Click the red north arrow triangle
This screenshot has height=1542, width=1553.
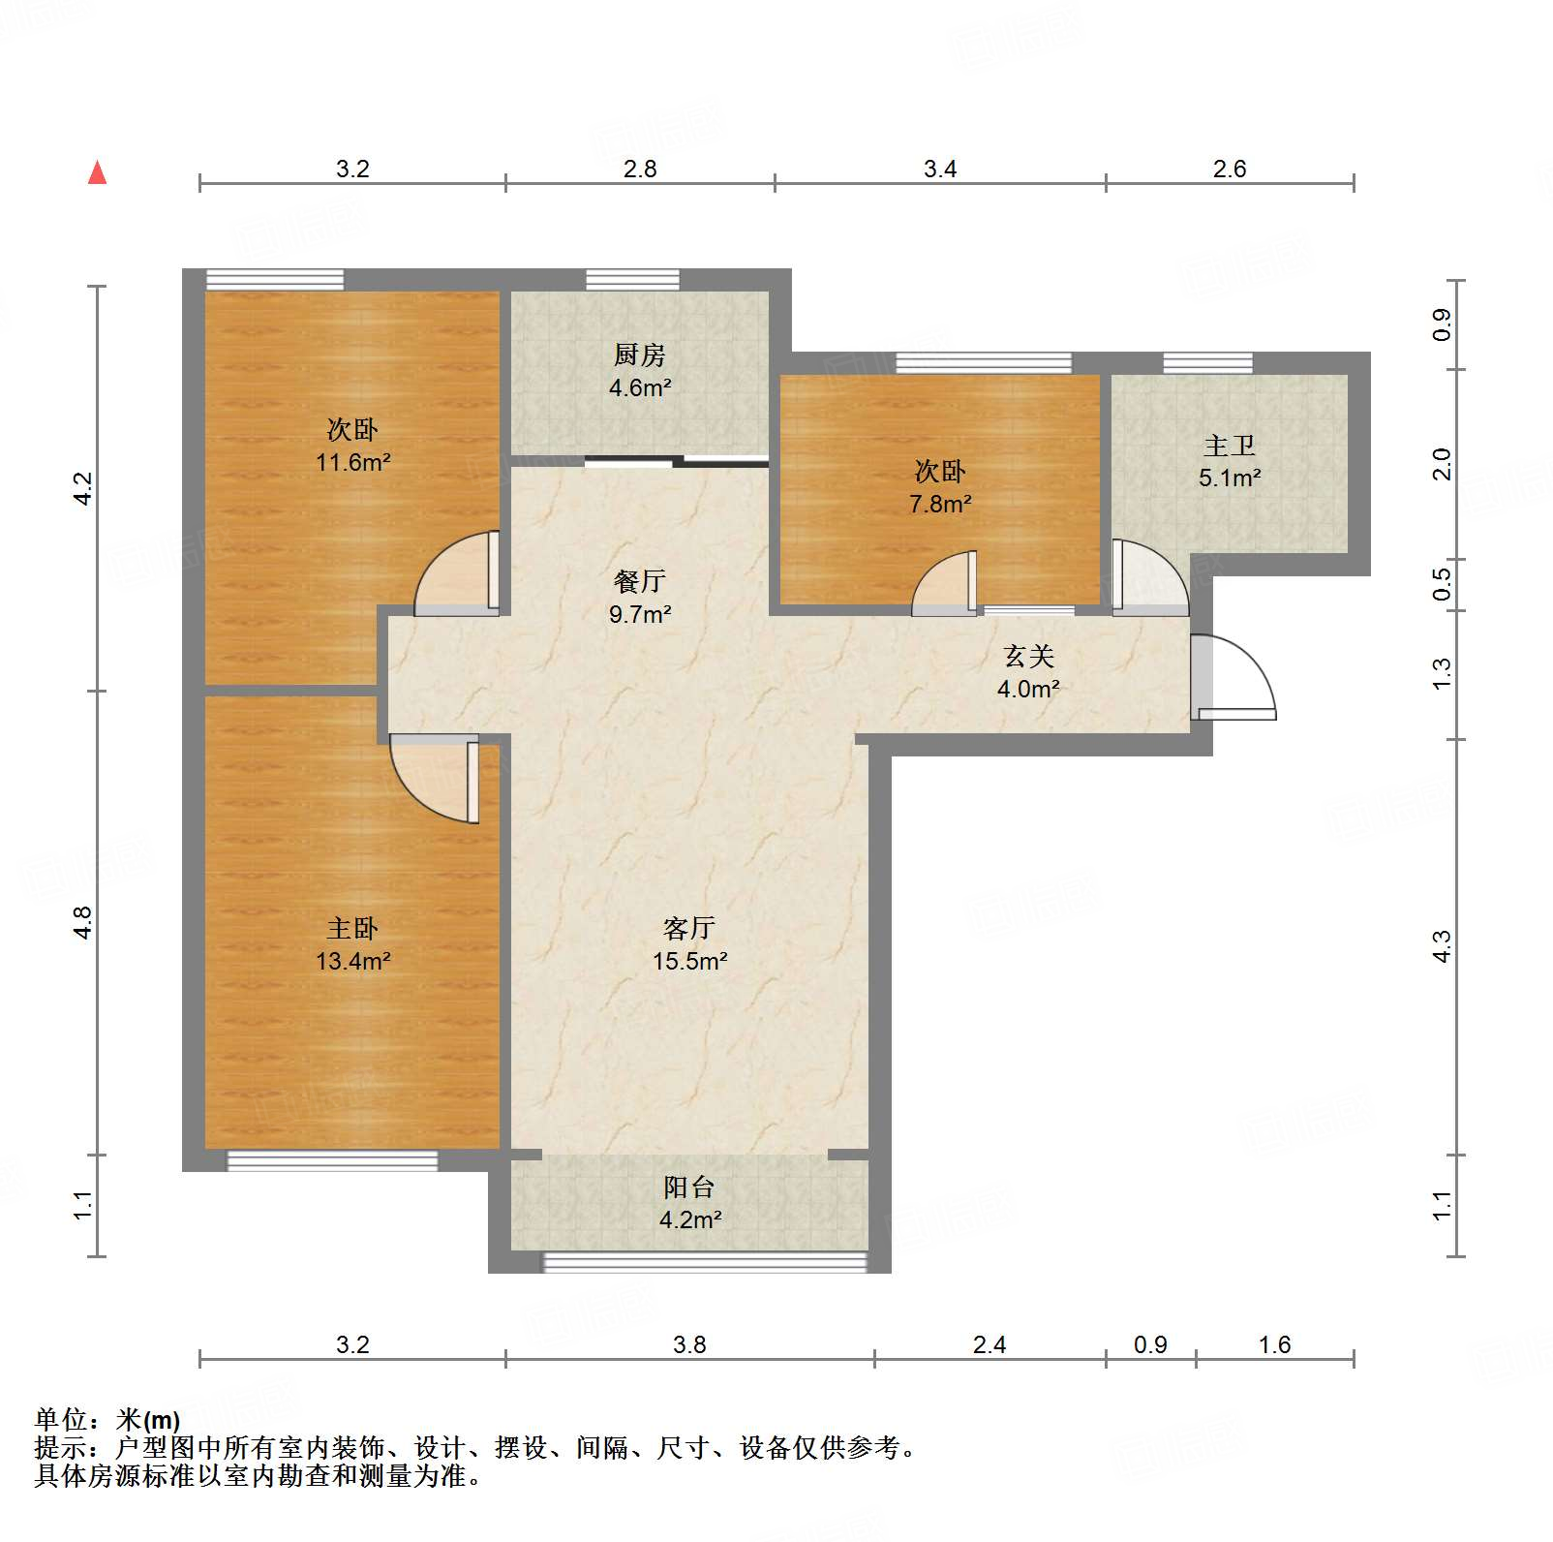click(97, 172)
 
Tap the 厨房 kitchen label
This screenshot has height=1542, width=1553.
click(639, 355)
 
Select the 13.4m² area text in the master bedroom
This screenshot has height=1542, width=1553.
click(352, 961)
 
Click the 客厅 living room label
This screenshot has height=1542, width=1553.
click(688, 928)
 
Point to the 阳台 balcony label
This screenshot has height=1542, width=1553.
click(688, 1187)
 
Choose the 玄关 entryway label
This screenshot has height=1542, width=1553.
click(1027, 657)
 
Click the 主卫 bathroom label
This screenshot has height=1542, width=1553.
click(1229, 446)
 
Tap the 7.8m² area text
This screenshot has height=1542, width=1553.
click(940, 504)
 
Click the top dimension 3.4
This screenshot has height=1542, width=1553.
click(939, 170)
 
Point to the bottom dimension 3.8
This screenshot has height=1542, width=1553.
click(689, 1344)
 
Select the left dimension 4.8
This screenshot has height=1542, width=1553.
click(83, 921)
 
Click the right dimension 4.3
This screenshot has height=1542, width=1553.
click(1442, 945)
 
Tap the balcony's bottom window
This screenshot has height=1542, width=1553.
click(704, 1261)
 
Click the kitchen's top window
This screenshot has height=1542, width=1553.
click(632, 280)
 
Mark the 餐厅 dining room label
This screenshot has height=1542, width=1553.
click(639, 581)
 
